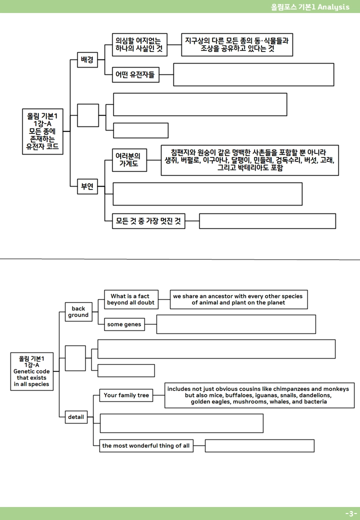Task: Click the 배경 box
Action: point(87,59)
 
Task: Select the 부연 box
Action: point(87,186)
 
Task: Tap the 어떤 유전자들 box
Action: point(135,74)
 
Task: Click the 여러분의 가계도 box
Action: point(129,160)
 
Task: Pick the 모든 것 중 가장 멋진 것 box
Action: point(148,221)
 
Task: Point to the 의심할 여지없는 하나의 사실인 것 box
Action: point(139,45)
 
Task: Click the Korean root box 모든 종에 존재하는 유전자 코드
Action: point(43,131)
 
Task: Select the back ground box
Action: point(78,312)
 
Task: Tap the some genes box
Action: point(124,324)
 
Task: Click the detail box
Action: point(76,417)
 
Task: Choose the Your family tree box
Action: point(126,395)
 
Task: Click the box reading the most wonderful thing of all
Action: point(146,445)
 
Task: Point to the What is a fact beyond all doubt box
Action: point(131,299)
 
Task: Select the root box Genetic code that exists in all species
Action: point(32,371)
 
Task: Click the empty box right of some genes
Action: point(236,324)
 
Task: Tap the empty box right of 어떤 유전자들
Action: point(253,74)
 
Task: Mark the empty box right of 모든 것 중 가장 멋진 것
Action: point(267,221)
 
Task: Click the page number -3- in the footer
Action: point(350,513)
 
